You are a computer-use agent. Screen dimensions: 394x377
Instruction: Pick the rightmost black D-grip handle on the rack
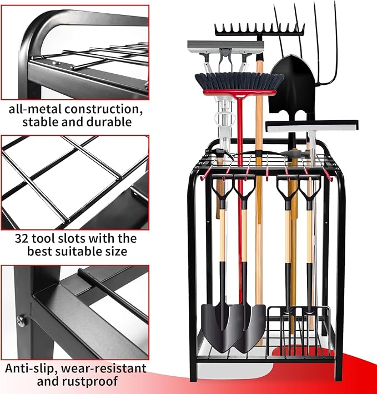click(x=306, y=186)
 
